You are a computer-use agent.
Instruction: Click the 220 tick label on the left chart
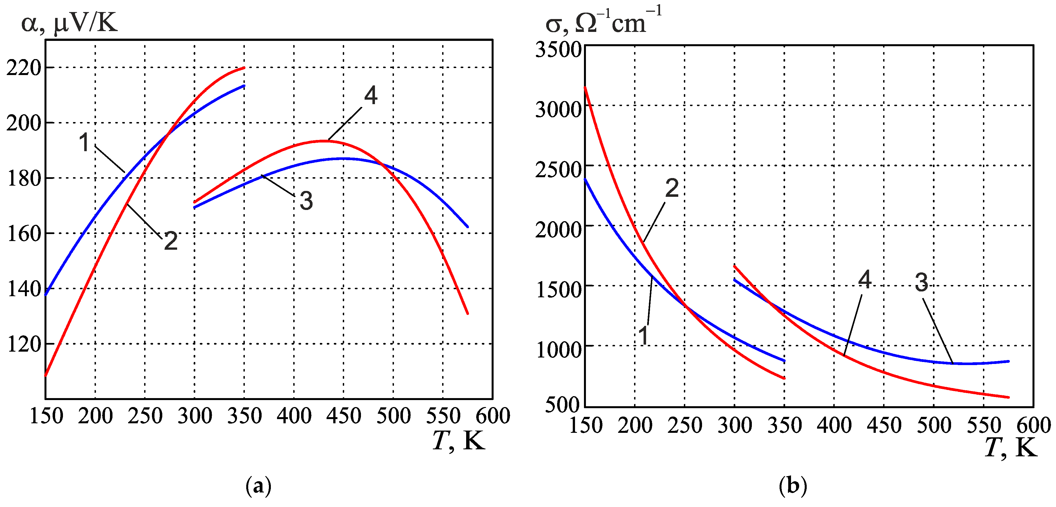(x=24, y=68)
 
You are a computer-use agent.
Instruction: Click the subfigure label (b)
(x=793, y=486)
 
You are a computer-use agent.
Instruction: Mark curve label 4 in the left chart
(x=370, y=95)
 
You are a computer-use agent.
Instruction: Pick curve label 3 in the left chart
(x=306, y=201)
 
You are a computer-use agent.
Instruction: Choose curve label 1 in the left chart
(x=85, y=142)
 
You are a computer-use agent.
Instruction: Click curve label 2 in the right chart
(x=672, y=188)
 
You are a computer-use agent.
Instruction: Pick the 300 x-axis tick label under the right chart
(x=734, y=425)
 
